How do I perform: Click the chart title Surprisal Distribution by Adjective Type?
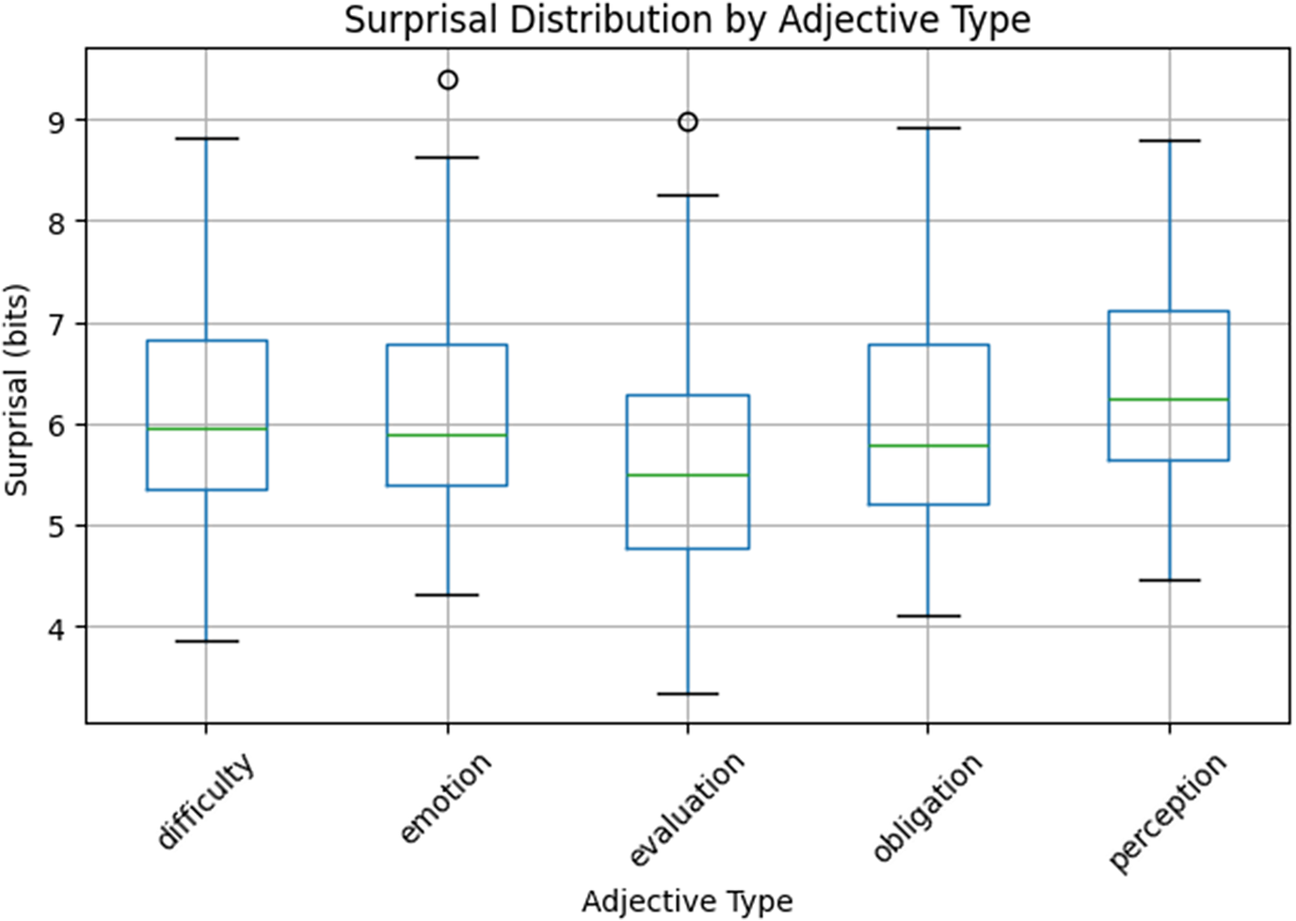687,21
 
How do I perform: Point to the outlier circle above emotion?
448,80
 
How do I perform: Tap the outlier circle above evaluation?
688,122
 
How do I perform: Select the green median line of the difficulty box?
207,428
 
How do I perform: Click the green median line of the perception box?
1169,399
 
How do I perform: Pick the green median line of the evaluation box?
688,475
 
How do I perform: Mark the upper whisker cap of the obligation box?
929,128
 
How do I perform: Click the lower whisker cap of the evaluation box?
688,693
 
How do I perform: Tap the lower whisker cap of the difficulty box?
207,641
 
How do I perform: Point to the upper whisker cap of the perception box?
1169,140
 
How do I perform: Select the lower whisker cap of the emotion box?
448,595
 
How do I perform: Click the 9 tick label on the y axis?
57,120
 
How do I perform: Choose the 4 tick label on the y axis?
57,627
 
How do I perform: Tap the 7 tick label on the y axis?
57,324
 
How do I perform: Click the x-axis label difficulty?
206,801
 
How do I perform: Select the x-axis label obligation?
927,807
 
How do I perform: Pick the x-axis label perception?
1167,813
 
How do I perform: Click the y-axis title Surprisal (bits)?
16,389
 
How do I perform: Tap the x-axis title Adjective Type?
687,900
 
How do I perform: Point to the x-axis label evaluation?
686,809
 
